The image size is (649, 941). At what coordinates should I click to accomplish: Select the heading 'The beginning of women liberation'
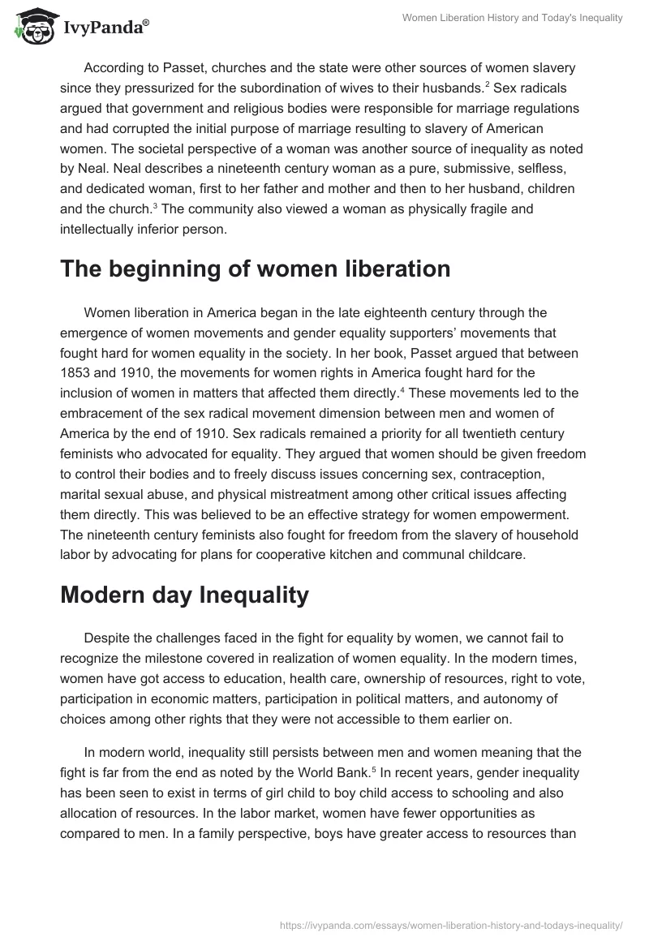point(255,269)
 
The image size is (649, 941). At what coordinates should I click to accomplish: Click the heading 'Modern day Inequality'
point(184,595)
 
